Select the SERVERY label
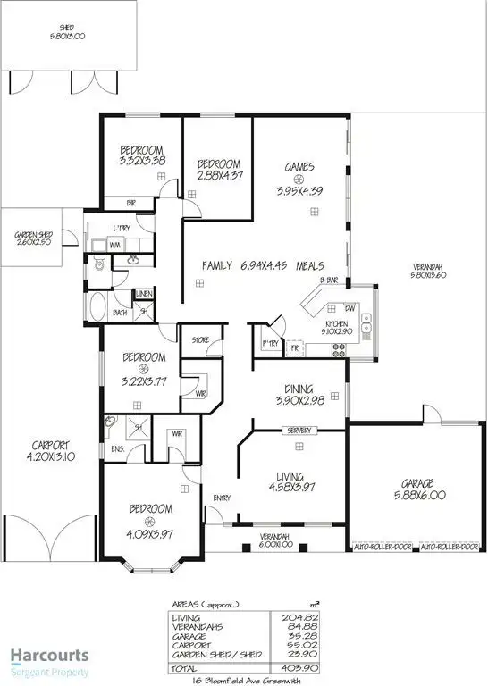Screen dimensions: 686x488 (299, 431)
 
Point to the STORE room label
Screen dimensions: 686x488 (198, 339)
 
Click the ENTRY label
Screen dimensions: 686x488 (222, 498)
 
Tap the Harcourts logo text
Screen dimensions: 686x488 (49, 655)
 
